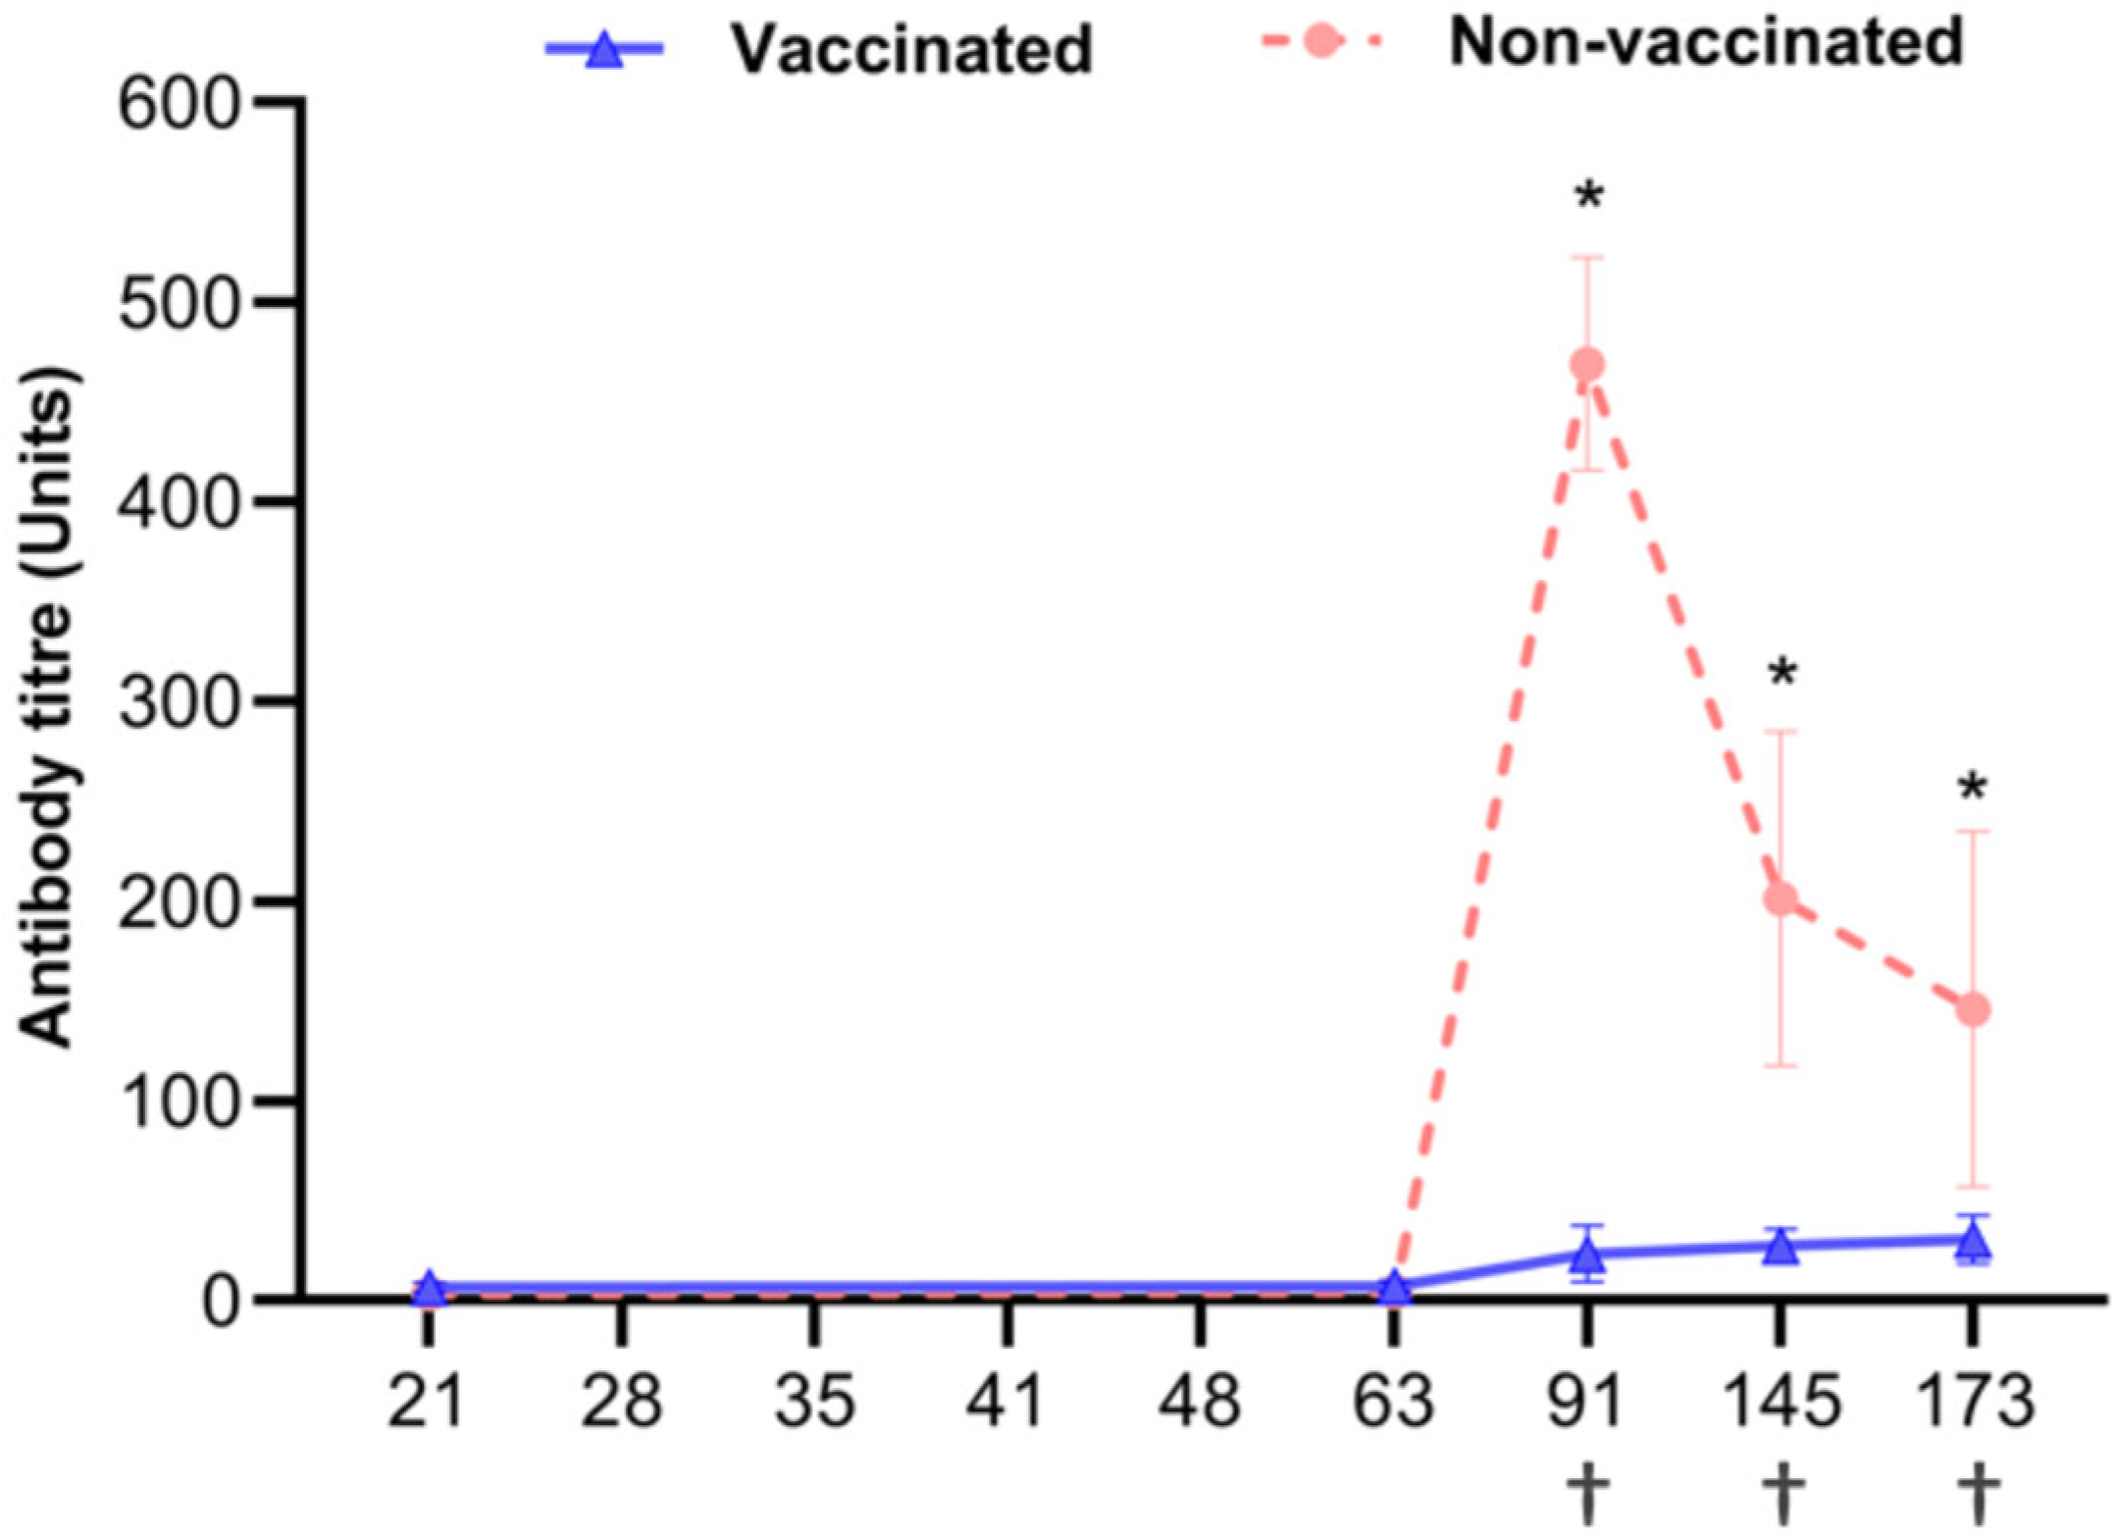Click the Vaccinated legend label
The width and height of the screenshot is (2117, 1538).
click(911, 48)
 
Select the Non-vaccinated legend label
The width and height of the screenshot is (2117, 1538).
click(1706, 42)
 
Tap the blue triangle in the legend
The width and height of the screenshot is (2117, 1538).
click(604, 49)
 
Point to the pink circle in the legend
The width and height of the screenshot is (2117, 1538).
click(1322, 42)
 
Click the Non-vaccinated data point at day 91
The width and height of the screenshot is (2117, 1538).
click(1587, 365)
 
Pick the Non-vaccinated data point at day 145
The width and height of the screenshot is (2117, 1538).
click(1781, 898)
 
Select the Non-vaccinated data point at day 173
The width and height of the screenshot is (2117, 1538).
click(1973, 1010)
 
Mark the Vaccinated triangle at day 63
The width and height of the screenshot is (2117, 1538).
click(1394, 1289)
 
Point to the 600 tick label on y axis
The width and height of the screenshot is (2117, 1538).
click(180, 104)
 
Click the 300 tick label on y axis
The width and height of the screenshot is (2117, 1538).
click(180, 702)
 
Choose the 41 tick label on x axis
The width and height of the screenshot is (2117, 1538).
click(1007, 1401)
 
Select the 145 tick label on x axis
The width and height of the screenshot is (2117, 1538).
click(1781, 1401)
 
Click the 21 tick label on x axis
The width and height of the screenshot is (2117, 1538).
click(427, 1401)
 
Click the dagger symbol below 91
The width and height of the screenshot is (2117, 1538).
click(1588, 1492)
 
